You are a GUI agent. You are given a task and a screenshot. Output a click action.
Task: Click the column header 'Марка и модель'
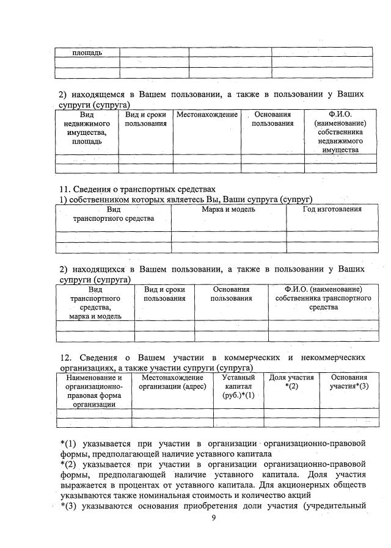click(x=228, y=209)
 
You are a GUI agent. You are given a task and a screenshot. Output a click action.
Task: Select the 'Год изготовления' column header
click(x=332, y=209)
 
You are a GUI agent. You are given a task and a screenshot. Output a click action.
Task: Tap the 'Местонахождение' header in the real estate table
click(x=206, y=114)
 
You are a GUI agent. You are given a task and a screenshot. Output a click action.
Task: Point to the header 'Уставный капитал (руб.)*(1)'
click(x=238, y=386)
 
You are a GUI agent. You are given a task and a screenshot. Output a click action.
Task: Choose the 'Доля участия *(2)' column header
click(x=291, y=382)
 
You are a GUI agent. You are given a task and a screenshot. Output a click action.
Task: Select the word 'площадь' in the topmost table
click(x=87, y=52)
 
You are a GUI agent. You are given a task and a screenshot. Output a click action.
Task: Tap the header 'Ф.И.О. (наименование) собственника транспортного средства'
click(x=323, y=298)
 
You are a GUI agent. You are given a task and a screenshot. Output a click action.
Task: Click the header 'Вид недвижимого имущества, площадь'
click(x=87, y=128)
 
